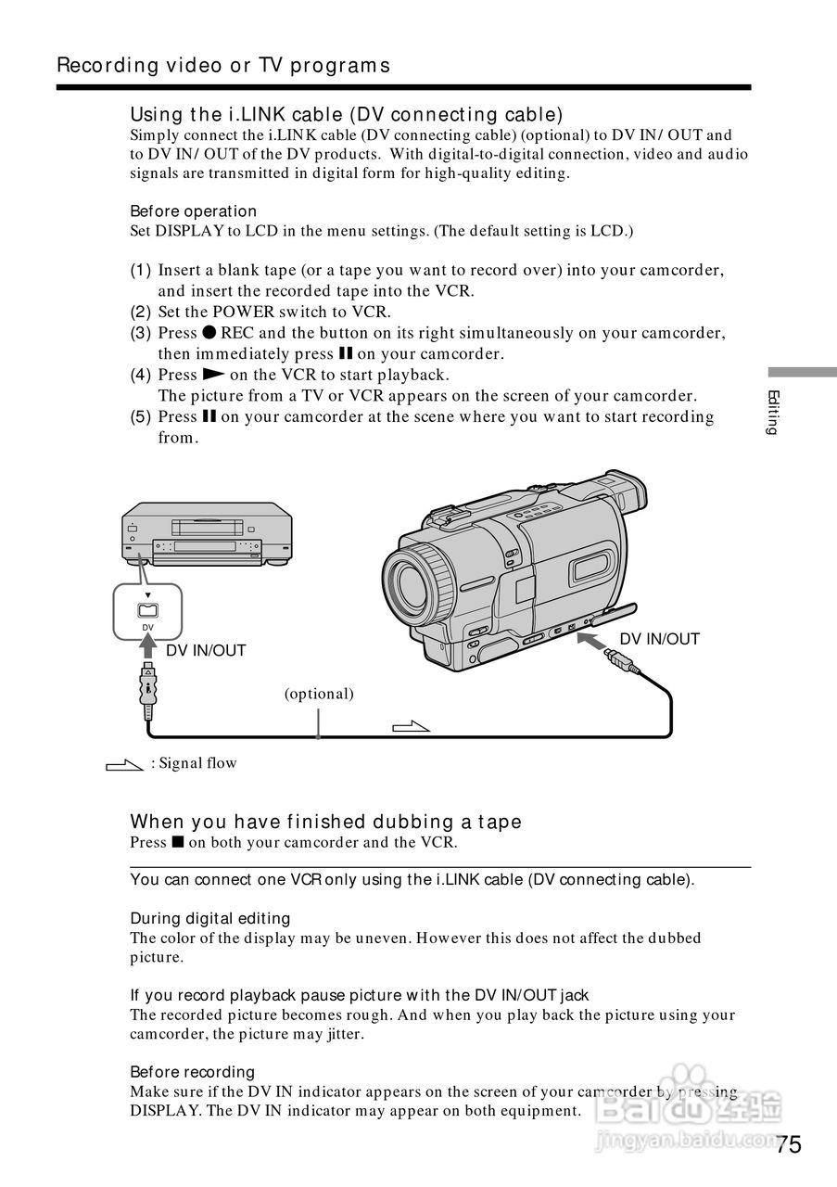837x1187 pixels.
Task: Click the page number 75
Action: pyautogui.click(x=789, y=1143)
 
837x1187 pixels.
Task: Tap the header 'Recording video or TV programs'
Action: pyautogui.click(x=223, y=66)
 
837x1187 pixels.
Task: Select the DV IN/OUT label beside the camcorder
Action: pyautogui.click(x=659, y=639)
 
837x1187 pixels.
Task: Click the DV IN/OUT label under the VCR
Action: pyautogui.click(x=206, y=651)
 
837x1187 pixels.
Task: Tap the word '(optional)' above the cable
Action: pyautogui.click(x=319, y=694)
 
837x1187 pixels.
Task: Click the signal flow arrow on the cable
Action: pyautogui.click(x=412, y=726)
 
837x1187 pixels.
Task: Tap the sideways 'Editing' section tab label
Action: pyautogui.click(x=772, y=413)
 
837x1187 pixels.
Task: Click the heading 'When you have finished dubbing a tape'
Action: pyautogui.click(x=325, y=822)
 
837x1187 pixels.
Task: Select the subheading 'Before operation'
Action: pyautogui.click(x=193, y=211)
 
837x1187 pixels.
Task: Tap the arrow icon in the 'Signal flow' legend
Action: pyautogui.click(x=123, y=765)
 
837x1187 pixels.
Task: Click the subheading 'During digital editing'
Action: pyautogui.click(x=209, y=918)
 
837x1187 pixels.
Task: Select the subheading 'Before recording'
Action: pyautogui.click(x=192, y=1072)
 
